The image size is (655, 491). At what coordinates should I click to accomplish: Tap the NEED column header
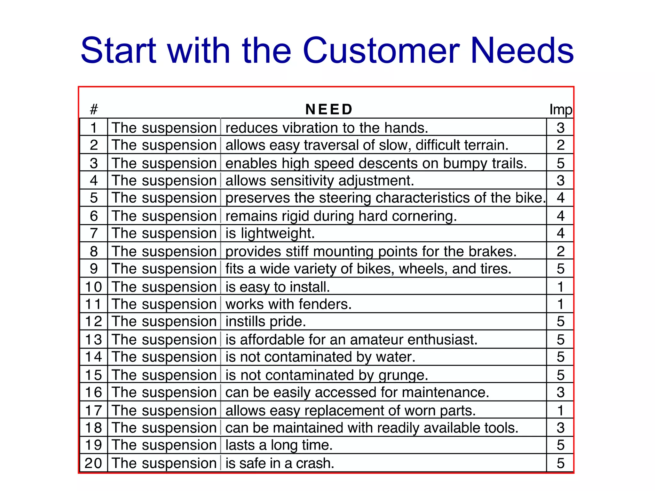click(x=329, y=109)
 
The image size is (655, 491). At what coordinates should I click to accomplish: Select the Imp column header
click(x=560, y=109)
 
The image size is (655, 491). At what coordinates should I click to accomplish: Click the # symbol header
click(x=94, y=109)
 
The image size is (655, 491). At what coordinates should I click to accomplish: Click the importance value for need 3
click(x=560, y=163)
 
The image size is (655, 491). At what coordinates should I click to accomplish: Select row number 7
click(x=94, y=233)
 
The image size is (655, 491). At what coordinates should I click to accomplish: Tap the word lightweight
click(x=278, y=233)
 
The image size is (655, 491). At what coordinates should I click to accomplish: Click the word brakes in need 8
click(x=492, y=252)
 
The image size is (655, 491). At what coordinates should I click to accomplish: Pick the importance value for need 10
click(x=560, y=287)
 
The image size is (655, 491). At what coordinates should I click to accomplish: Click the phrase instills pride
click(x=265, y=322)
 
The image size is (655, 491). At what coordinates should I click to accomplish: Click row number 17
click(x=94, y=411)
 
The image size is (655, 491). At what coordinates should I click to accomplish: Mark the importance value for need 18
click(x=560, y=428)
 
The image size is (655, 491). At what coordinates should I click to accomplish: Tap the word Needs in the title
click(x=522, y=51)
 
